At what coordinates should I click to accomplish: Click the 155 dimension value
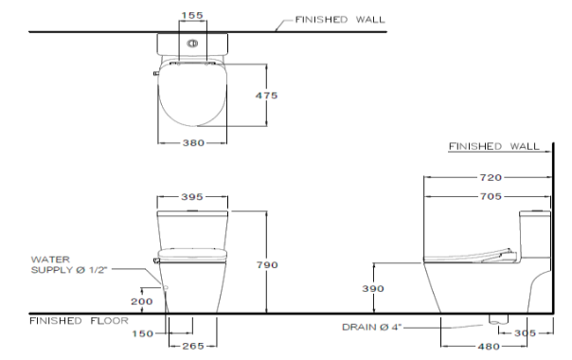(192, 15)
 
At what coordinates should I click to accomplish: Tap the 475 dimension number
(266, 96)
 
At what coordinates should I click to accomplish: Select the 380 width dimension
(193, 143)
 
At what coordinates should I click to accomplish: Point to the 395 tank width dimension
(192, 197)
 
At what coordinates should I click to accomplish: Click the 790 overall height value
(267, 264)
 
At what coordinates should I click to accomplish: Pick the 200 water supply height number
(142, 301)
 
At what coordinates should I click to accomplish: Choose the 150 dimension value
(143, 333)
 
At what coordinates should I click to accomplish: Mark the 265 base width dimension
(193, 346)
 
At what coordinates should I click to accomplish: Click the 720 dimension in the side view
(491, 177)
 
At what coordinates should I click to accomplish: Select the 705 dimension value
(491, 196)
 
